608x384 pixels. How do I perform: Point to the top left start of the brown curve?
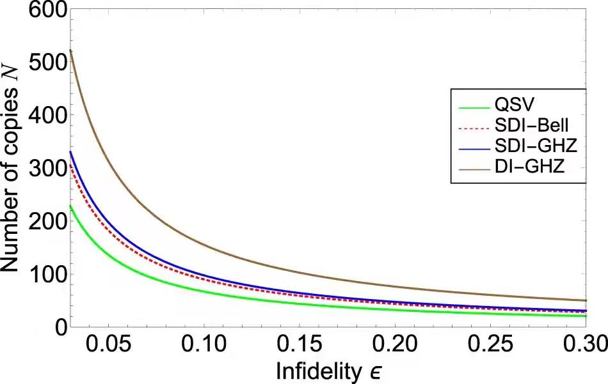coord(70,50)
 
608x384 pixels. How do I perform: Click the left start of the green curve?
coord(70,206)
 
